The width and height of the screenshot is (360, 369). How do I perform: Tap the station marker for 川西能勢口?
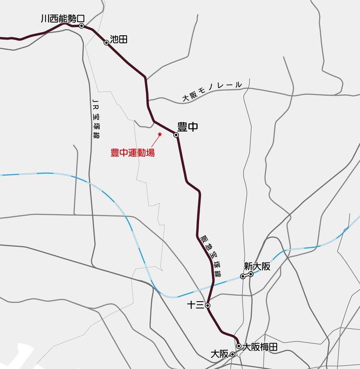(x=81, y=26)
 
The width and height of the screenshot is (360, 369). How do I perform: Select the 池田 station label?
(x=119, y=40)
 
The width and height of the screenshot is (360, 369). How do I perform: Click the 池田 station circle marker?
(x=106, y=42)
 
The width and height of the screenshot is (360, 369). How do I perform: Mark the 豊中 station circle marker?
(x=176, y=135)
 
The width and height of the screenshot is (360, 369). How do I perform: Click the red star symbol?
(x=160, y=134)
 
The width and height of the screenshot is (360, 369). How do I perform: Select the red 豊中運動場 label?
(x=133, y=152)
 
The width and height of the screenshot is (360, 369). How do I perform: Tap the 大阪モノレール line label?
(x=212, y=91)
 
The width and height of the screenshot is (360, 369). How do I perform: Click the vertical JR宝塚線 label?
(x=96, y=120)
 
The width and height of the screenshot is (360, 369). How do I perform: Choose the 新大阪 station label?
(x=257, y=266)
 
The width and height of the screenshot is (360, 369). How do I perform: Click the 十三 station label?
(x=195, y=305)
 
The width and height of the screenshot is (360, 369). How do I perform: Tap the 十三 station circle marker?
(x=208, y=305)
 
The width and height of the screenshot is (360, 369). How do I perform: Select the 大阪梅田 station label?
(x=260, y=347)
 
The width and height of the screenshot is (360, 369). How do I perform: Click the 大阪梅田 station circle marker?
(x=239, y=346)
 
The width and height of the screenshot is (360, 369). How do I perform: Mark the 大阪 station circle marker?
(x=232, y=354)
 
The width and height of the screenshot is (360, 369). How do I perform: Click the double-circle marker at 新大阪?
(x=247, y=275)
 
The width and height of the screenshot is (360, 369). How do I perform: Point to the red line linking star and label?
(x=155, y=142)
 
